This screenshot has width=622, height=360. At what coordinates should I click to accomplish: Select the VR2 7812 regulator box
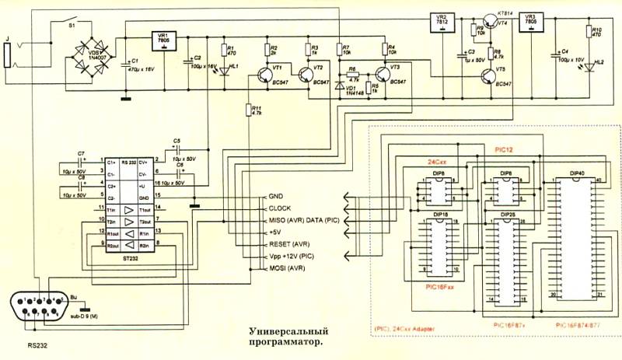(442, 20)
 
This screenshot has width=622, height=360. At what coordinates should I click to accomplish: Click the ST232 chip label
(120, 258)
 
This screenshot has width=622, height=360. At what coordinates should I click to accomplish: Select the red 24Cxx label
(437, 161)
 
